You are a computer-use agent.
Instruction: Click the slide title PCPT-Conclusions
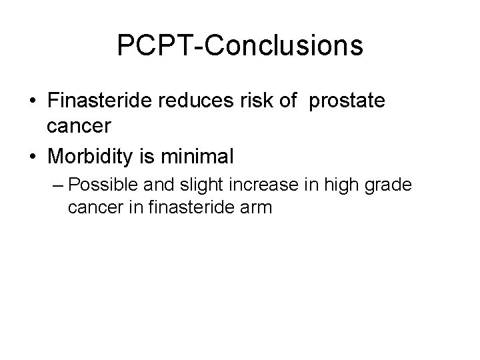tap(240, 46)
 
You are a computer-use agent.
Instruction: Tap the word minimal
tap(203, 156)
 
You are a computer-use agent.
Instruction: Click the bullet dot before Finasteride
tap(31, 103)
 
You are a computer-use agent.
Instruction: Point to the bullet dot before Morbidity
tap(31, 157)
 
